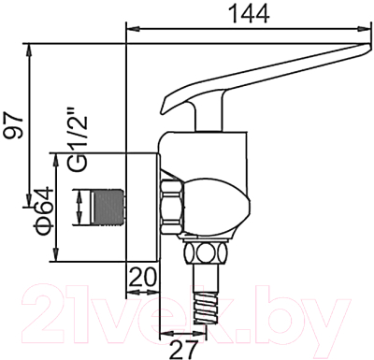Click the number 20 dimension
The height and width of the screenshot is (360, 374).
pos(143,276)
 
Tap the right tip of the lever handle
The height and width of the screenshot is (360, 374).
pos(366,48)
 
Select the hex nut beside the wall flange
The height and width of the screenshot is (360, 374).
pos(173,207)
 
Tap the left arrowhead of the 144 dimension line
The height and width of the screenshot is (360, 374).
pos(130,27)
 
